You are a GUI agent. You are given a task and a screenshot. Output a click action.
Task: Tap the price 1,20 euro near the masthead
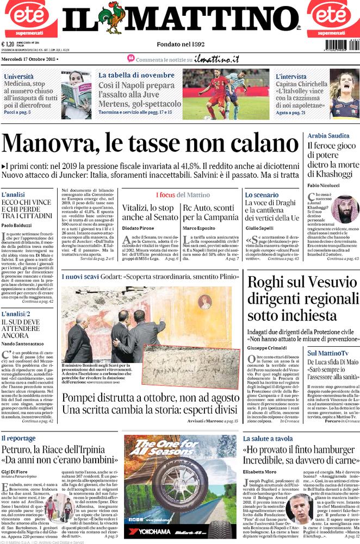pyautogui.click(x=8, y=45)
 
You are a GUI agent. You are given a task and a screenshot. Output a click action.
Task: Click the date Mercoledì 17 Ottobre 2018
pyautogui.click(x=29, y=58)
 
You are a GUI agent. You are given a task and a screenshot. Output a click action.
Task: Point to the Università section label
pyautogui.click(x=19, y=77)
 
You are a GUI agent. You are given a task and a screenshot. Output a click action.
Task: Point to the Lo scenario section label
pyautogui.click(x=262, y=195)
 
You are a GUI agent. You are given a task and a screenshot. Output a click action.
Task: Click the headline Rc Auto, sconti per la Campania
pyautogui.click(x=208, y=212)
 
